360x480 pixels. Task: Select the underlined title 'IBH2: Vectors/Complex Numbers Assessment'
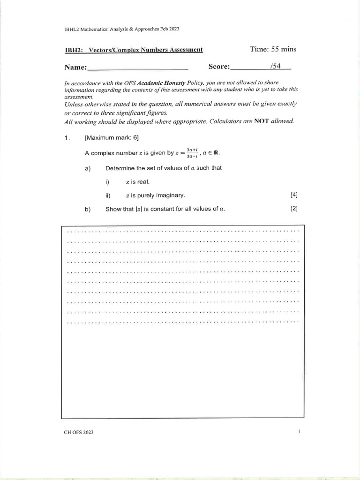pos(134,50)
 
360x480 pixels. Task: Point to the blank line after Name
pos(138,68)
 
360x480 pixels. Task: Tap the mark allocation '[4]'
pos(294,195)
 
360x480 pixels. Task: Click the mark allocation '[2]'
pos(294,209)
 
